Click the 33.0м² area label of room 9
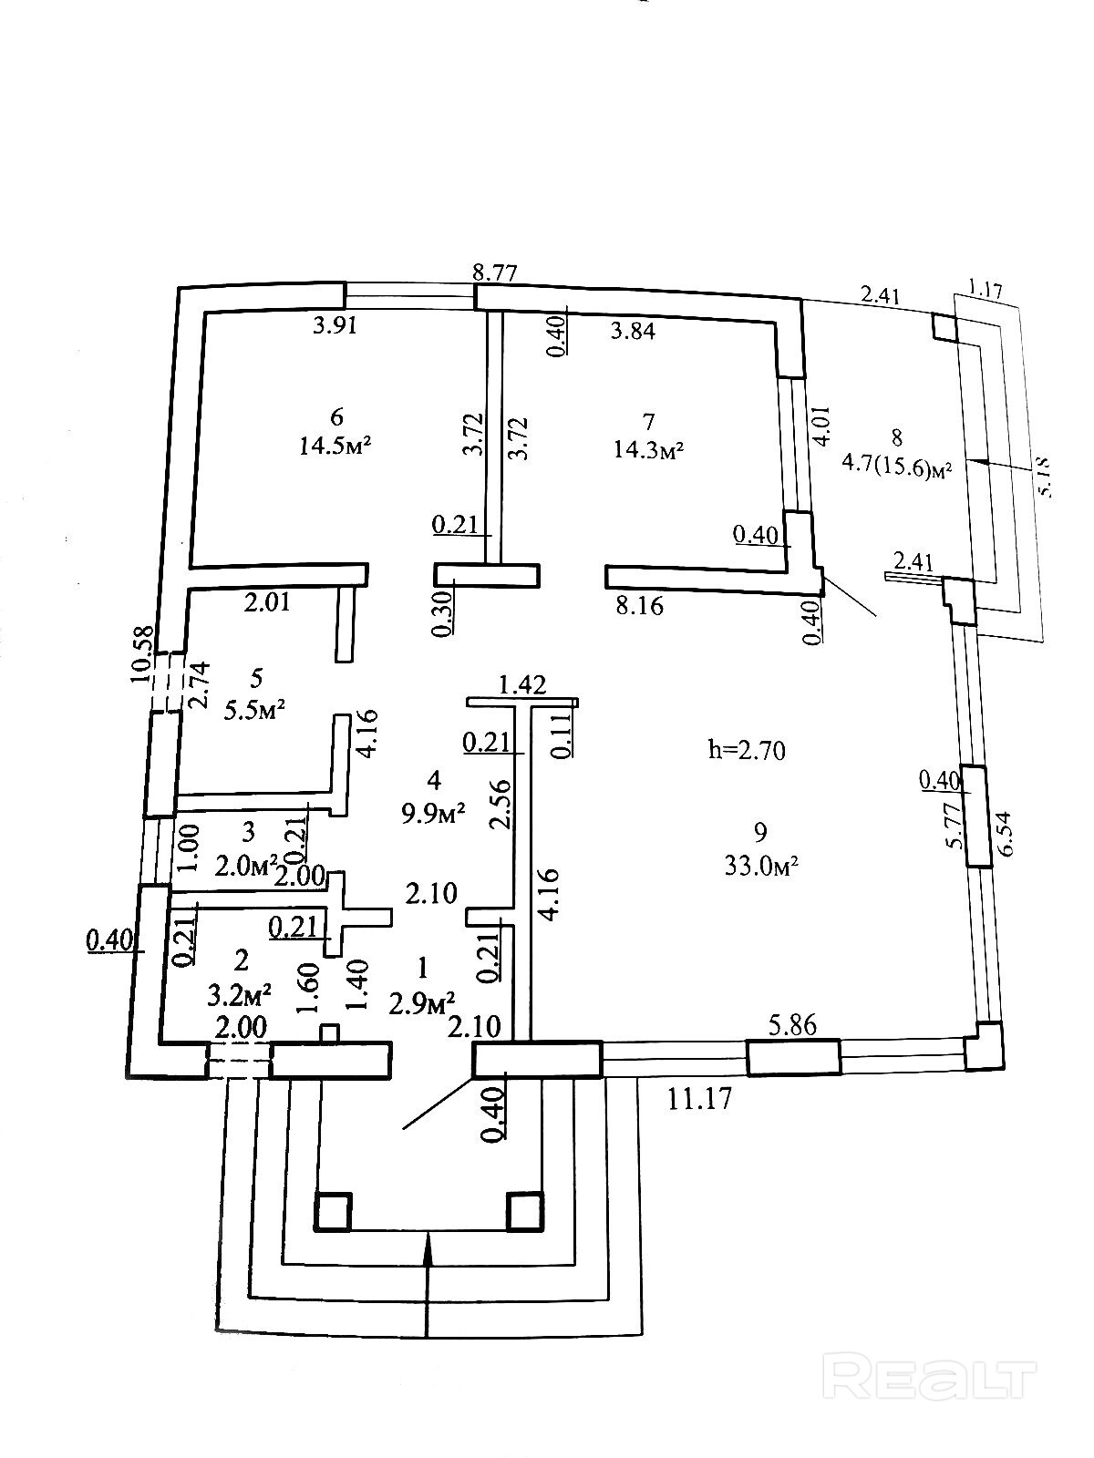click(x=761, y=867)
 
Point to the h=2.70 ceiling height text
click(x=747, y=750)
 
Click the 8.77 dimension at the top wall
click(x=494, y=273)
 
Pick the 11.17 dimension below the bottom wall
click(x=700, y=1099)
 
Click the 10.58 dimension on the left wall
click(x=143, y=654)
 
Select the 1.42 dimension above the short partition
click(x=522, y=685)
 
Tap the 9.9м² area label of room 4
click(x=433, y=811)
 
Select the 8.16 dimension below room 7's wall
click(x=639, y=605)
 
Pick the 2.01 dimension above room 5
click(x=266, y=602)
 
